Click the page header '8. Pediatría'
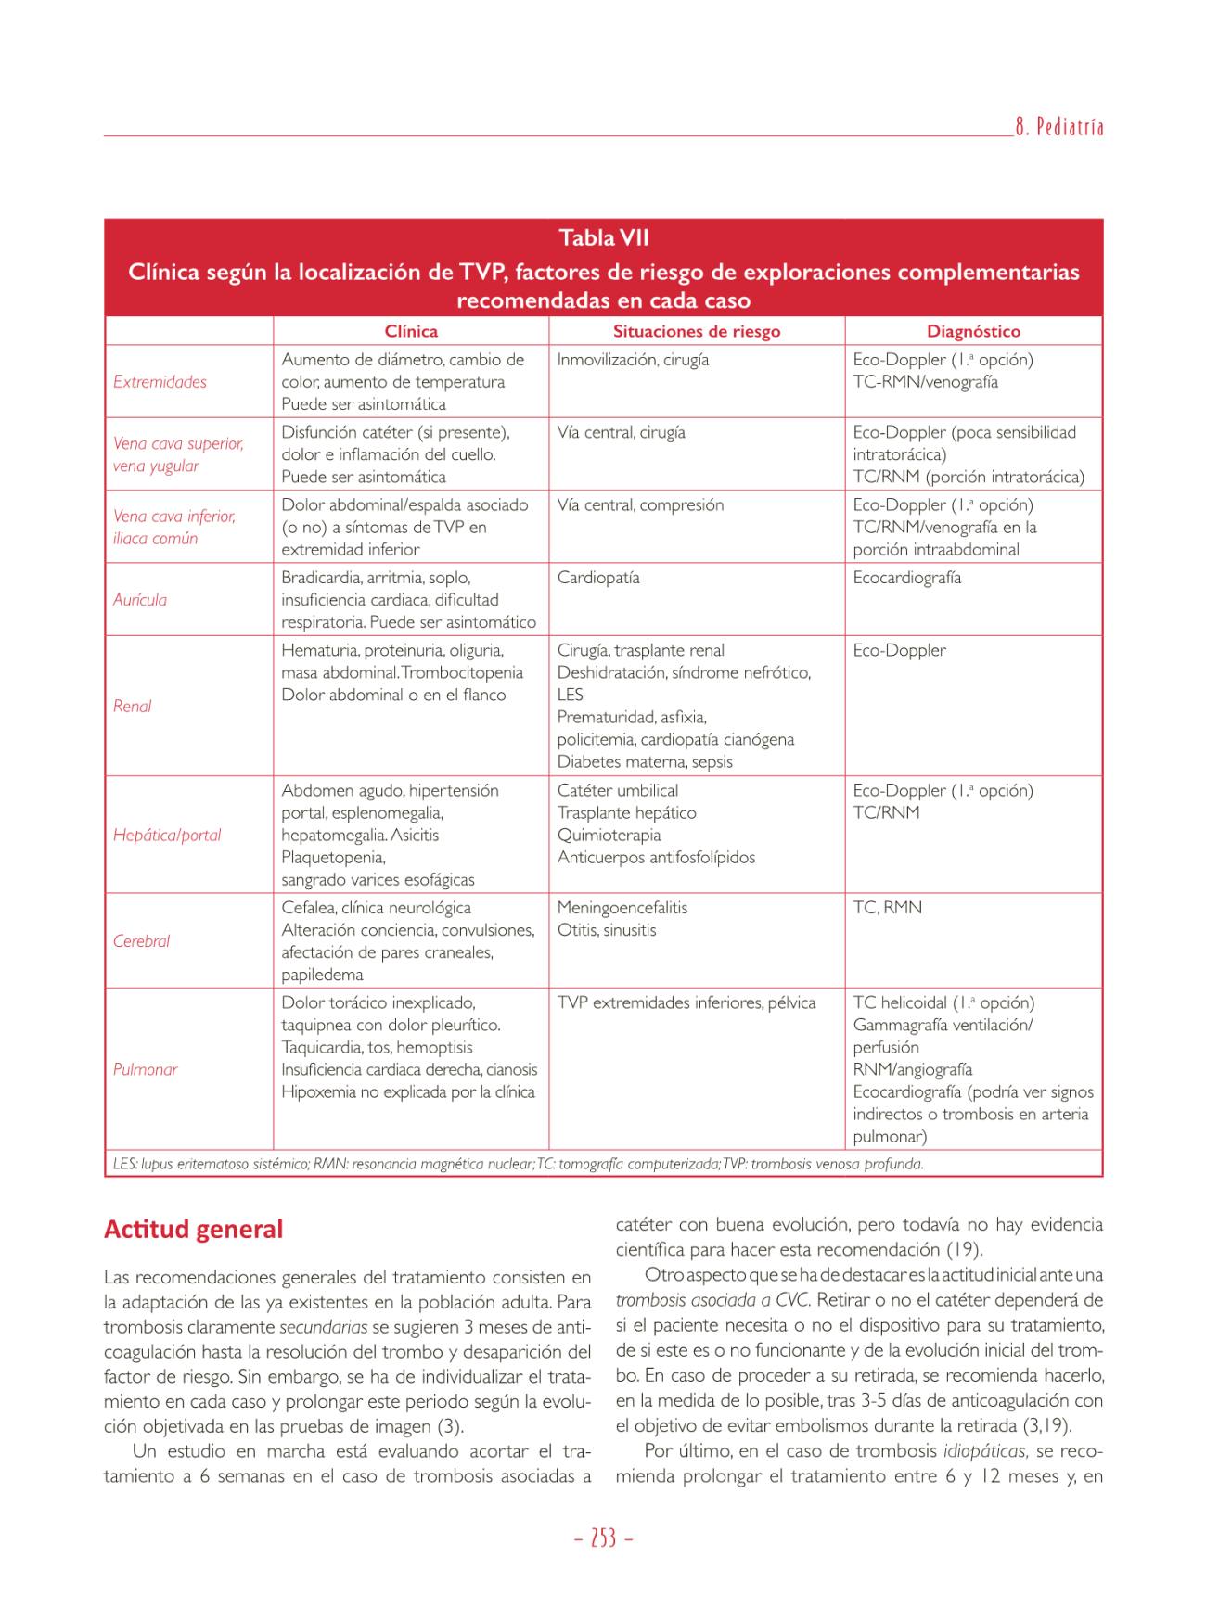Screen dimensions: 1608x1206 (1058, 128)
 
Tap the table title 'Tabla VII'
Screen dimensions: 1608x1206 (603, 238)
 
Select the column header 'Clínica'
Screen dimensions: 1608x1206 (411, 331)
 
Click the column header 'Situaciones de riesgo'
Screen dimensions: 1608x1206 (696, 331)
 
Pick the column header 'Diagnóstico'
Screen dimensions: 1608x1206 (973, 331)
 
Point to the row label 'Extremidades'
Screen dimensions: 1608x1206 (160, 382)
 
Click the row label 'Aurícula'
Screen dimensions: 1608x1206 (140, 600)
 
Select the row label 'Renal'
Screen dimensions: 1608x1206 (132, 706)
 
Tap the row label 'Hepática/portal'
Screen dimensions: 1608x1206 (167, 835)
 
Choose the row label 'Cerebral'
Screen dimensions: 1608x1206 (141, 941)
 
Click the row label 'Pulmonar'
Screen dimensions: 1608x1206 (145, 1069)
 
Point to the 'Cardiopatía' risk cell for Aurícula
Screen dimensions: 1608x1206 (598, 578)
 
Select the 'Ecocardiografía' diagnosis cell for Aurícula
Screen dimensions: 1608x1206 (906, 578)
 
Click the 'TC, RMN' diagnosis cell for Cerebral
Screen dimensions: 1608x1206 (887, 908)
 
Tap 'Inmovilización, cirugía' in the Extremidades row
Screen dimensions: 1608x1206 (633, 360)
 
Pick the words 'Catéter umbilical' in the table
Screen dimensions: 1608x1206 (617, 791)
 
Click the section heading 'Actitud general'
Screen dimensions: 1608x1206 (193, 1230)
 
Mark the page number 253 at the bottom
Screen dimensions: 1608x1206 (603, 1538)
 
